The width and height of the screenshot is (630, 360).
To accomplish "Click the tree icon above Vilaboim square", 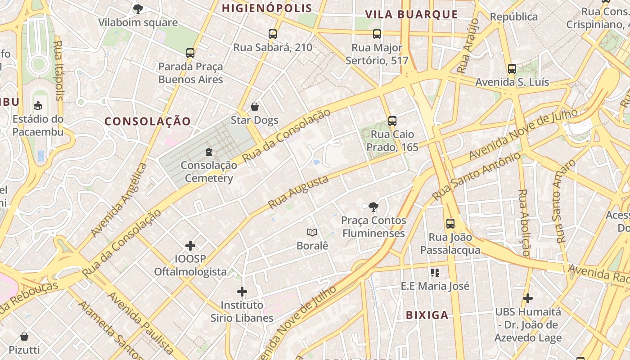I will click(138, 9).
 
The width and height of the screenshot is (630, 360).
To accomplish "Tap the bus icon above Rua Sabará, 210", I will click(272, 34).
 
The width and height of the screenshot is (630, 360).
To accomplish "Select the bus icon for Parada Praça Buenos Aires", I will click(190, 53).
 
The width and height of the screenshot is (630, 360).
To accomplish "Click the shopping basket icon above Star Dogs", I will click(255, 107).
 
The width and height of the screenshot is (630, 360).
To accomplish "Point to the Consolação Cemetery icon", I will click(208, 152).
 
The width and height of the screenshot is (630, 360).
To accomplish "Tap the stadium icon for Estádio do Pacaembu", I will click(38, 106).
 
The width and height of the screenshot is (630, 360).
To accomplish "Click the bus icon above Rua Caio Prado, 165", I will click(392, 121).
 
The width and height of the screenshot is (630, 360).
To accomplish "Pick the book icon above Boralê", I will click(312, 232).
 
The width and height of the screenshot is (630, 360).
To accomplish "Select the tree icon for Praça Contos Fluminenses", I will click(373, 207).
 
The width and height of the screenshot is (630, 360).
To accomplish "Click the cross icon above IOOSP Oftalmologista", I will click(190, 246).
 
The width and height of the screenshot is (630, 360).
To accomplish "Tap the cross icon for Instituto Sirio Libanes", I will click(242, 292).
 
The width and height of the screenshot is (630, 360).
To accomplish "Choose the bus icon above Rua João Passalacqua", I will click(450, 223).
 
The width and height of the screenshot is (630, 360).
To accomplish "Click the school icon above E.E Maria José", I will click(435, 272).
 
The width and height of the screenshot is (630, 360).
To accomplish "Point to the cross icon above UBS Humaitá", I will click(528, 298).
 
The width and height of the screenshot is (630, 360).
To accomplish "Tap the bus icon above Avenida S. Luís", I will click(512, 69).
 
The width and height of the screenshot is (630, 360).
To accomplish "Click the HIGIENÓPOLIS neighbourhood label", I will click(267, 8).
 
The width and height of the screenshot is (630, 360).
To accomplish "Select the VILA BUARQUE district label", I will click(411, 14).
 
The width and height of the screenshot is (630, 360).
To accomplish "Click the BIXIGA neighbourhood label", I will click(427, 315).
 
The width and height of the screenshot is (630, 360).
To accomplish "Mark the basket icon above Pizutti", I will click(24, 336).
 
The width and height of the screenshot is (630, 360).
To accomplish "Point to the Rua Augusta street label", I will click(298, 192).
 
